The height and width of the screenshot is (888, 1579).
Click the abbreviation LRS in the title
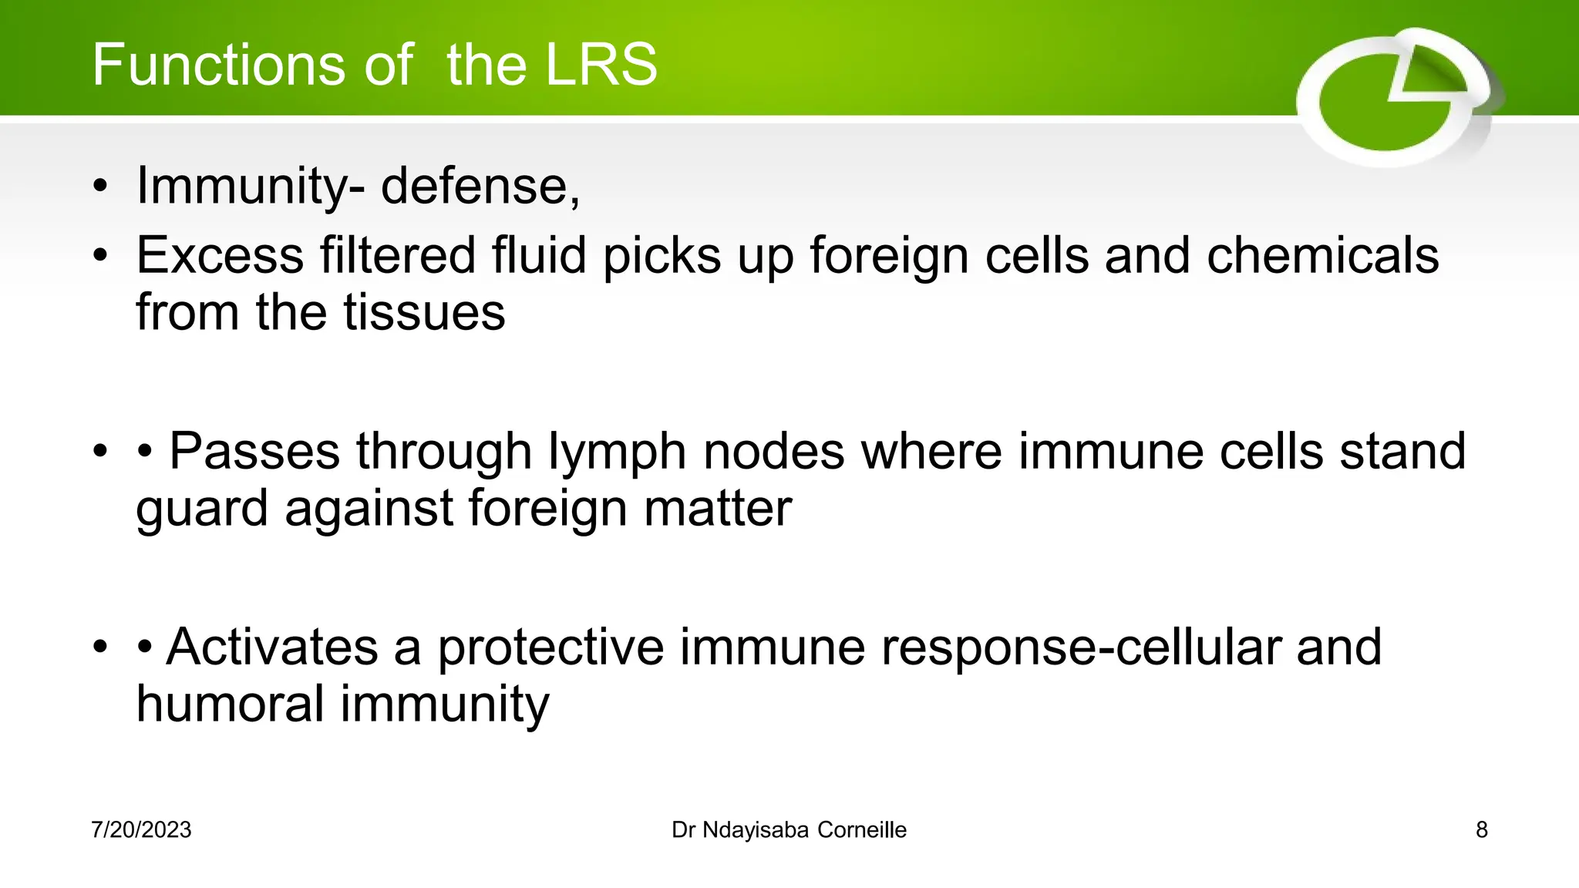601,65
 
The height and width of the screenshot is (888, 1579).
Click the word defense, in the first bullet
480,186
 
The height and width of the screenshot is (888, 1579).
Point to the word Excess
220,256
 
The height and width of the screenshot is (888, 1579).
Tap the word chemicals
1322,256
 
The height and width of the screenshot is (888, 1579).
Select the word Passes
254,452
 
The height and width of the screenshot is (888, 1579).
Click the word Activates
272,647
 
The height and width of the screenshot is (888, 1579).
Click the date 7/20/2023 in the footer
141,830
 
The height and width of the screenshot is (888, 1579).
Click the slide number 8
1481,830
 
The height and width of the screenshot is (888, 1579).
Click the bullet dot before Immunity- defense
100,187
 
